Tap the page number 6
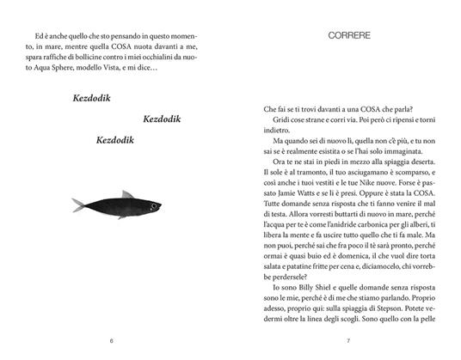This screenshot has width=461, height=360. [111, 340]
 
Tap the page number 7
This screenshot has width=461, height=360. [348, 340]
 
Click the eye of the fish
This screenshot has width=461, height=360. [166, 202]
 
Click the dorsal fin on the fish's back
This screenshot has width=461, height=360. [128, 195]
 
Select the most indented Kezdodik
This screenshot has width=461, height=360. [167, 118]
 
